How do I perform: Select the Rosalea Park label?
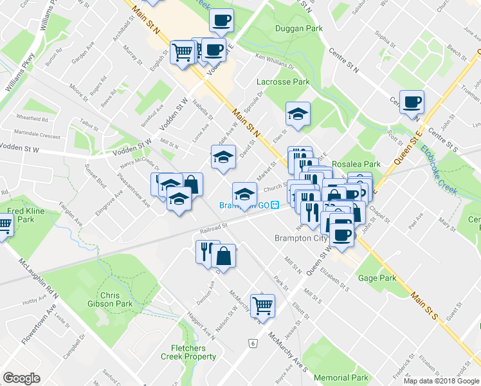pyautogui.click(x=356, y=164)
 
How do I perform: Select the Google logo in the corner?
pyautogui.click(x=21, y=378)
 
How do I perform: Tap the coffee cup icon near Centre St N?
pyautogui.click(x=412, y=102)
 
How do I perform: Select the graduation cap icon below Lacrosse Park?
pyautogui.click(x=298, y=114)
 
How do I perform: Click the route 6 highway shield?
pyautogui.click(x=253, y=344)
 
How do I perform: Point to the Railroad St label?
pyautogui.click(x=214, y=228)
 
